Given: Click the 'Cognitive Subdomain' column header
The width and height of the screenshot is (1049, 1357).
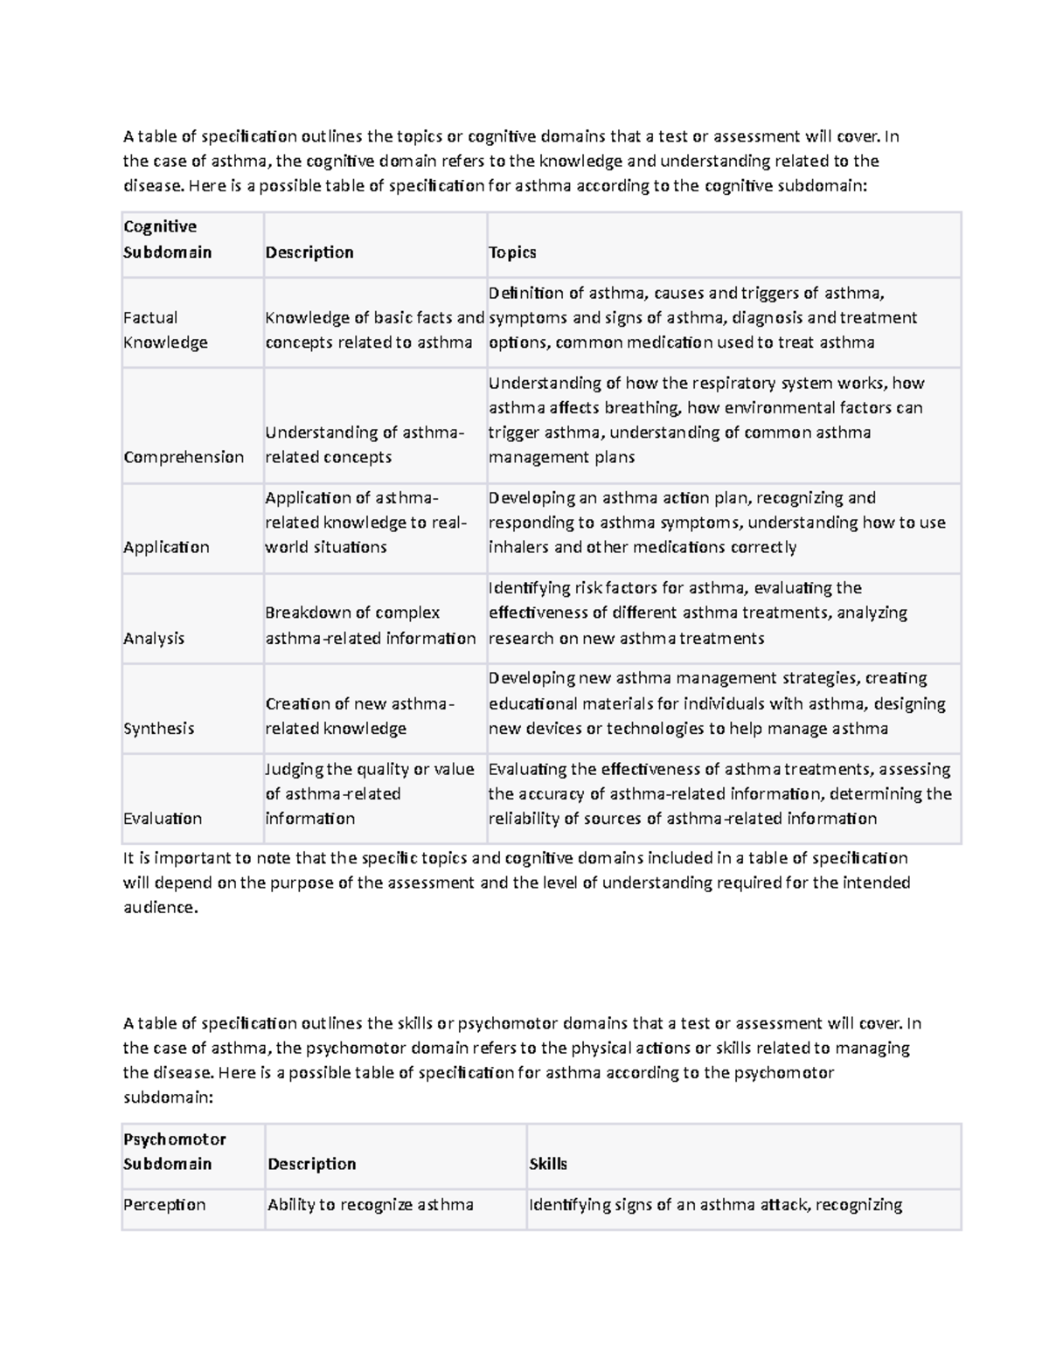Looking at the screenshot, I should point(167,239).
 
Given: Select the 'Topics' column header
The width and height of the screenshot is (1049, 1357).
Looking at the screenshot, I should point(512,253).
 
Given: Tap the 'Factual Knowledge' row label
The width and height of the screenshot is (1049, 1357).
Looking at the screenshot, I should point(165,329).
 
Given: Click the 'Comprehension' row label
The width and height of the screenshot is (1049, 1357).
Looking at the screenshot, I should point(184,457).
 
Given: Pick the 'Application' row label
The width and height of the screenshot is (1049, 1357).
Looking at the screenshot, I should point(166,547).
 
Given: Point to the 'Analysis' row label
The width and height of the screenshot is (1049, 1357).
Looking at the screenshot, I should point(154,638).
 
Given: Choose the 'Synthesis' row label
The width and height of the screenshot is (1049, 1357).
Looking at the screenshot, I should point(158,728).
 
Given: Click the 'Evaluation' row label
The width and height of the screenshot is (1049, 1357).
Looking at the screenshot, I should point(163,819).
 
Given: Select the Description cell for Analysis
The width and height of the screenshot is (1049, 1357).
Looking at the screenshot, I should point(370,626).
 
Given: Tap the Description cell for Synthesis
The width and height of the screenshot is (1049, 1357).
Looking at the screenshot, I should point(359,716).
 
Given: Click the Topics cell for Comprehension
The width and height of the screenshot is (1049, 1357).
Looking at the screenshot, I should point(705,420).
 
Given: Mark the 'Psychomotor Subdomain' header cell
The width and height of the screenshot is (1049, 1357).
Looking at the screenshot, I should point(174,1152).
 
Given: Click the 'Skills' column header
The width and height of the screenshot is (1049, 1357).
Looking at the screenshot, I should point(548,1164).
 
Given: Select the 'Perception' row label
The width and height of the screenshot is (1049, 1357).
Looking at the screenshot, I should point(164,1204).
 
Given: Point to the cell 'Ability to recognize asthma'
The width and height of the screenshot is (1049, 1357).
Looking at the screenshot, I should point(370,1204).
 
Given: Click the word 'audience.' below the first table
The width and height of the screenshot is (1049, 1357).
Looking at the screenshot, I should point(161,907).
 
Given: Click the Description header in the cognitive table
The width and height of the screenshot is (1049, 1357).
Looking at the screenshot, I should point(309,253).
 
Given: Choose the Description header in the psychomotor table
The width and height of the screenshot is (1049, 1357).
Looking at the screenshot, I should point(312,1164).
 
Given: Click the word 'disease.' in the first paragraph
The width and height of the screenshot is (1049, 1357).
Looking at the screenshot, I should point(154,185).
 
